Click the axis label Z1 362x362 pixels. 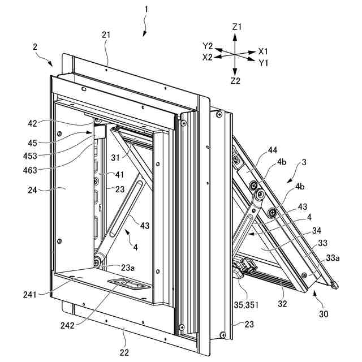click(x=236, y=27)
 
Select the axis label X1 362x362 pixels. click(x=264, y=50)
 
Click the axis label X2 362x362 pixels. click(x=208, y=57)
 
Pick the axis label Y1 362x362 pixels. click(x=264, y=62)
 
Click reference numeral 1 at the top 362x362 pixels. click(x=146, y=10)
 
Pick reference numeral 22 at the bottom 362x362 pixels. click(x=124, y=352)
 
